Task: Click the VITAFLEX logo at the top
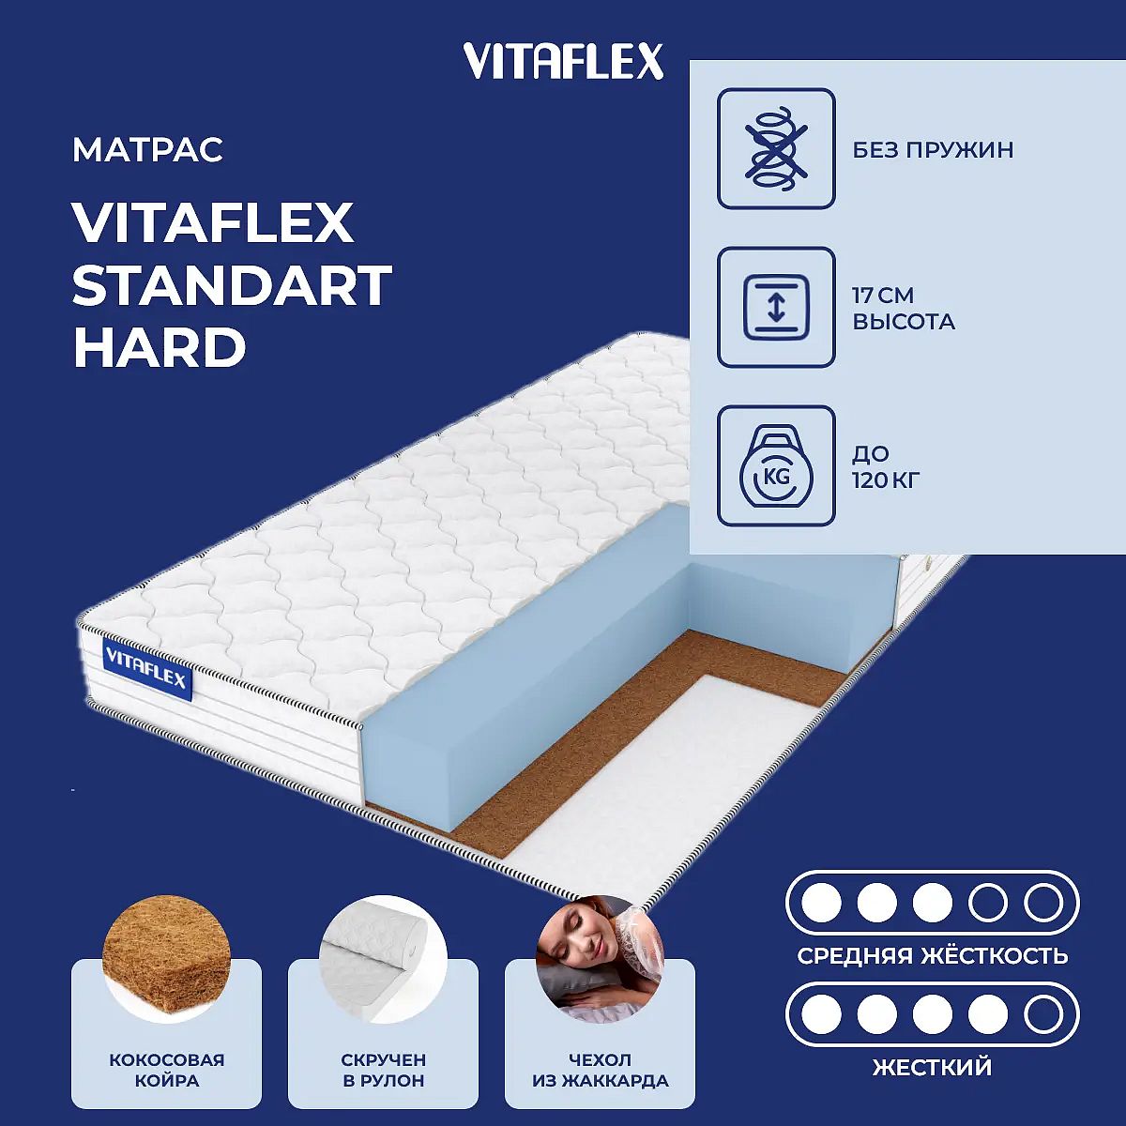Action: [x=563, y=61]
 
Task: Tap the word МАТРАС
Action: [x=148, y=149]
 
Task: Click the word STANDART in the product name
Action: [x=232, y=285]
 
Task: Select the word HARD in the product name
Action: [x=159, y=347]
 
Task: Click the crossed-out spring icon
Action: [x=776, y=148]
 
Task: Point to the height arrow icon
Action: [x=776, y=307]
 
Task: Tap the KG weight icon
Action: [x=776, y=465]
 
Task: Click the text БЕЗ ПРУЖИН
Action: [x=933, y=150]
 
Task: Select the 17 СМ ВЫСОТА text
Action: [x=904, y=309]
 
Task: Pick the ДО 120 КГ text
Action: [x=886, y=467]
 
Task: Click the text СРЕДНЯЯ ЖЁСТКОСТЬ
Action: [x=933, y=956]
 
